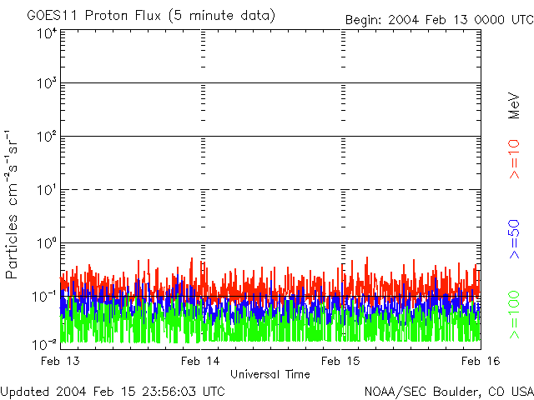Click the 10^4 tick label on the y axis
(46, 33)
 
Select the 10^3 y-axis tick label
(46, 84)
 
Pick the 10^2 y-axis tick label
(46, 137)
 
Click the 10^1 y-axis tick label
(46, 190)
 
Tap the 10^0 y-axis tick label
(46, 243)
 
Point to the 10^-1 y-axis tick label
(44, 297)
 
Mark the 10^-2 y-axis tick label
(44, 343)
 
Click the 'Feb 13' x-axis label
(60, 360)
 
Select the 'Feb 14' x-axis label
(200, 360)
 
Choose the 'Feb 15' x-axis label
(342, 360)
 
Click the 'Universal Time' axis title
(270, 374)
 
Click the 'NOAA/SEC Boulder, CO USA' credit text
(448, 391)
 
